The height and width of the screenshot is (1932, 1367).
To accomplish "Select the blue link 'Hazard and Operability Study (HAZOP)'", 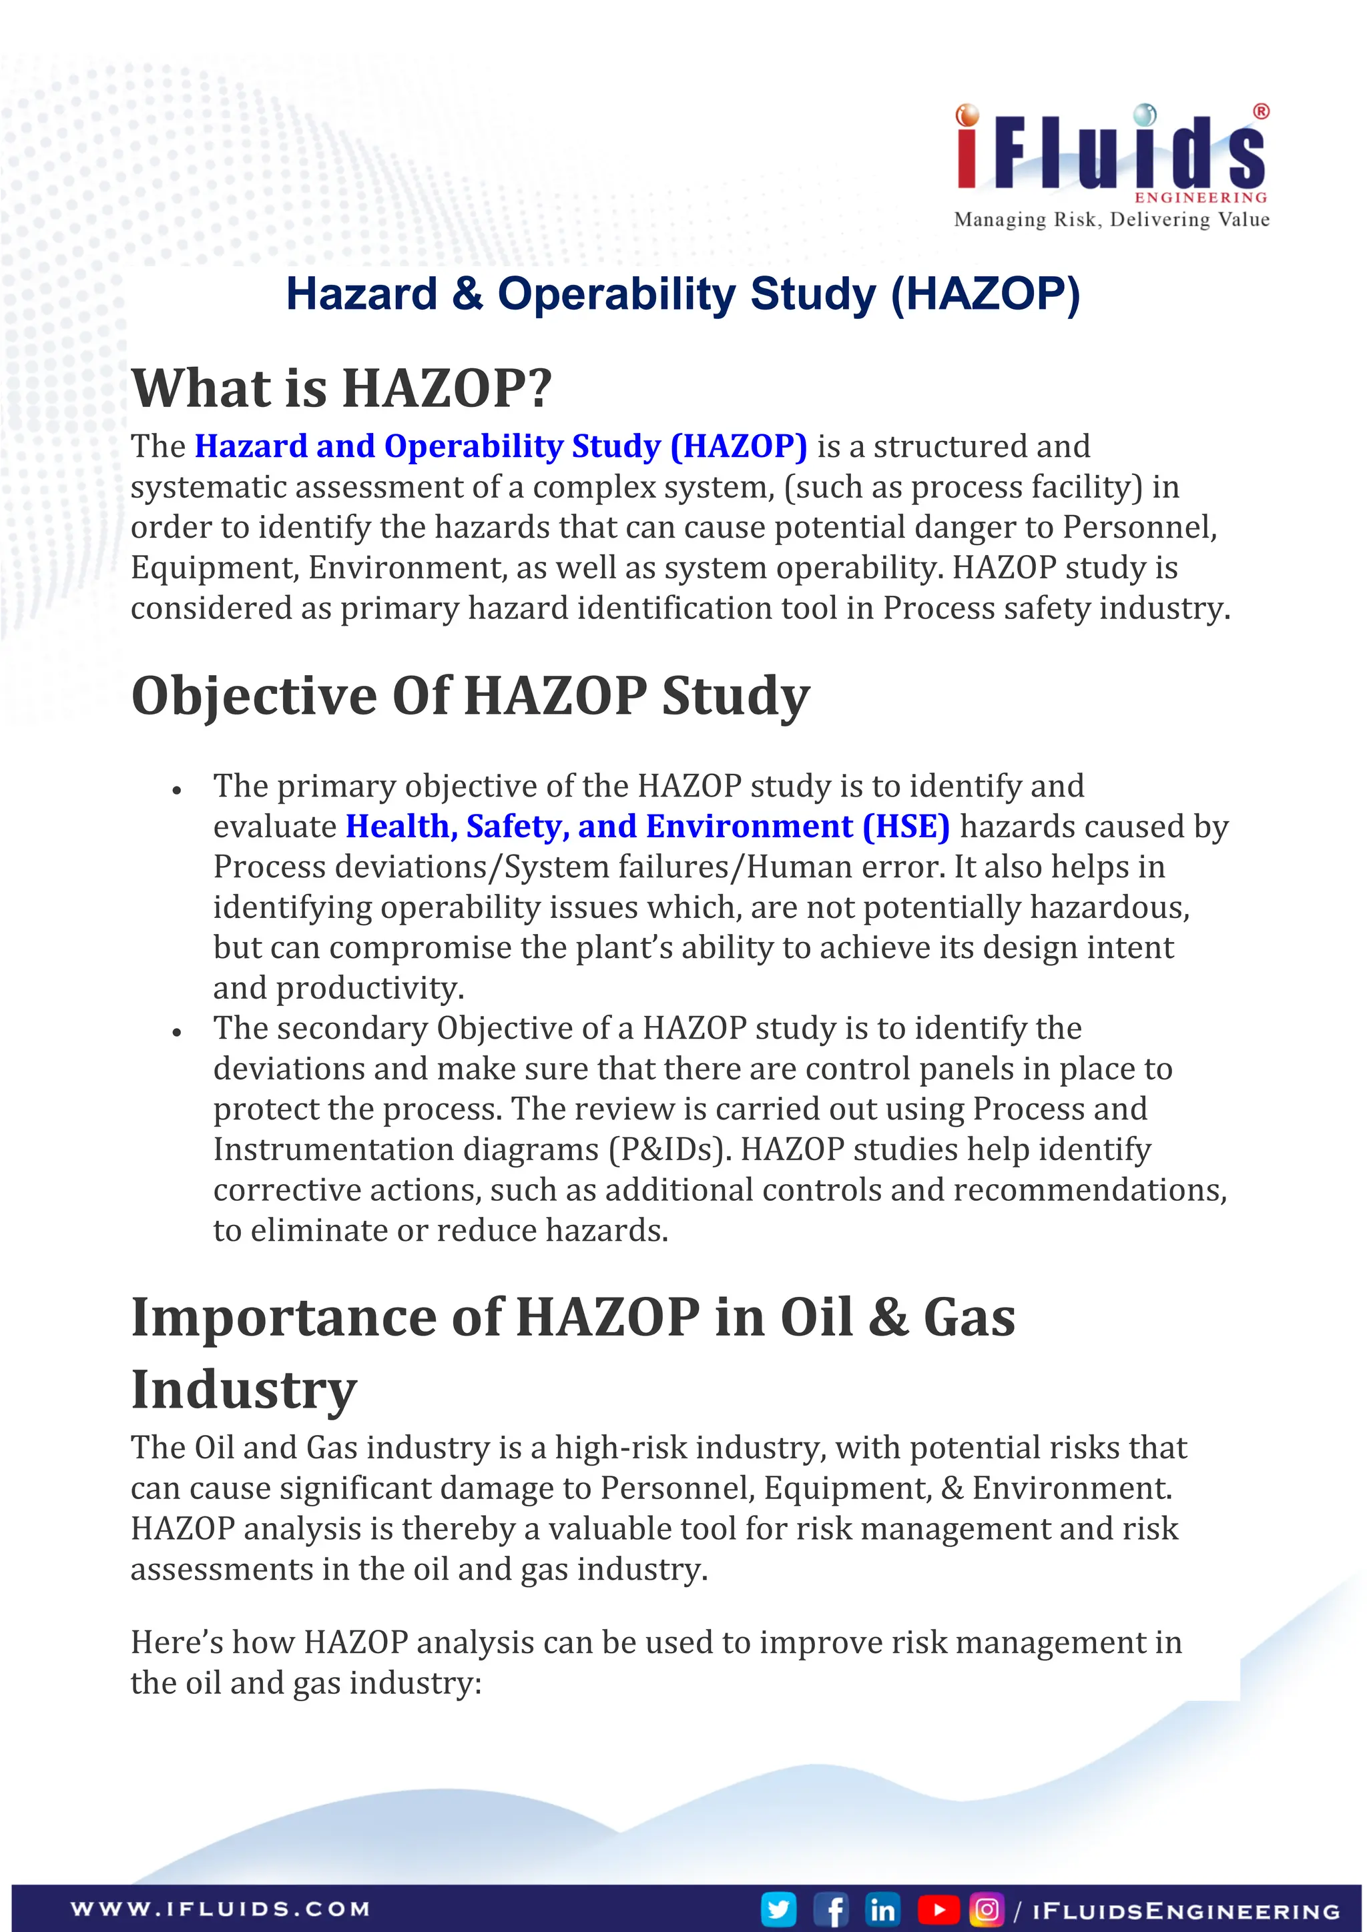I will [501, 446].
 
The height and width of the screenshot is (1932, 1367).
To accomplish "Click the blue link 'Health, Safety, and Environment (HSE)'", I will [647, 827].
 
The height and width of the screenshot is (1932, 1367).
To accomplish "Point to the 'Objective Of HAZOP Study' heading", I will [470, 696].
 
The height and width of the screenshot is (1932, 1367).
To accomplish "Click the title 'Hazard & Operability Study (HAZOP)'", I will [683, 294].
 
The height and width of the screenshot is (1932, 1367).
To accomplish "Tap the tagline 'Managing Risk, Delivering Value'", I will [1111, 219].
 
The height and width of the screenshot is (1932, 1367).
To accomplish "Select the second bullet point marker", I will [177, 1033].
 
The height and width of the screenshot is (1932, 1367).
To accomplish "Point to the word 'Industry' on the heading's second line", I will [244, 1390].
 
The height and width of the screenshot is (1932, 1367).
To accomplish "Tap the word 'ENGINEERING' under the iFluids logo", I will [1201, 197].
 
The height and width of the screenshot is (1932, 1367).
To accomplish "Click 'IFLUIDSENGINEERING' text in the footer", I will [1185, 1910].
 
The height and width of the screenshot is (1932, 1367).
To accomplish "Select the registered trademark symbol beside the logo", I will [1261, 111].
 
